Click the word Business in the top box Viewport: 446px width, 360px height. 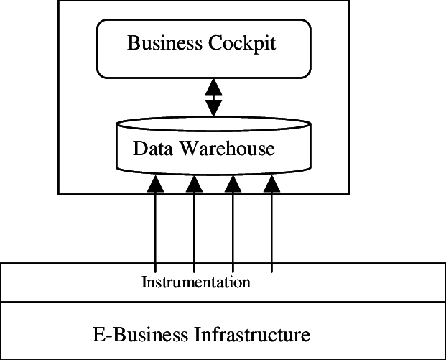[164, 43]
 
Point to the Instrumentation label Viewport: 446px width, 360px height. [195, 282]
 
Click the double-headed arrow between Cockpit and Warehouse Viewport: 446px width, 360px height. [214, 98]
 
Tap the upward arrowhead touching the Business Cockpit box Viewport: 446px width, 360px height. [214, 86]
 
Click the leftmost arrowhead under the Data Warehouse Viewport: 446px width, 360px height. [155, 184]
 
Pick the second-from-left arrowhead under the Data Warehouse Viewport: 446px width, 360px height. [194, 184]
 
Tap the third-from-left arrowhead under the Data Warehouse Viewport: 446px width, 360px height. [233, 184]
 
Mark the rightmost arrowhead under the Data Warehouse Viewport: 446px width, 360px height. [271, 184]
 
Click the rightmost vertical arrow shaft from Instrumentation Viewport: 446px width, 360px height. [271, 230]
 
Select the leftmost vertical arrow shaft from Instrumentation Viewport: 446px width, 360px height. [155, 230]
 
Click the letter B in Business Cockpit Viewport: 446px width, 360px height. [133, 43]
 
